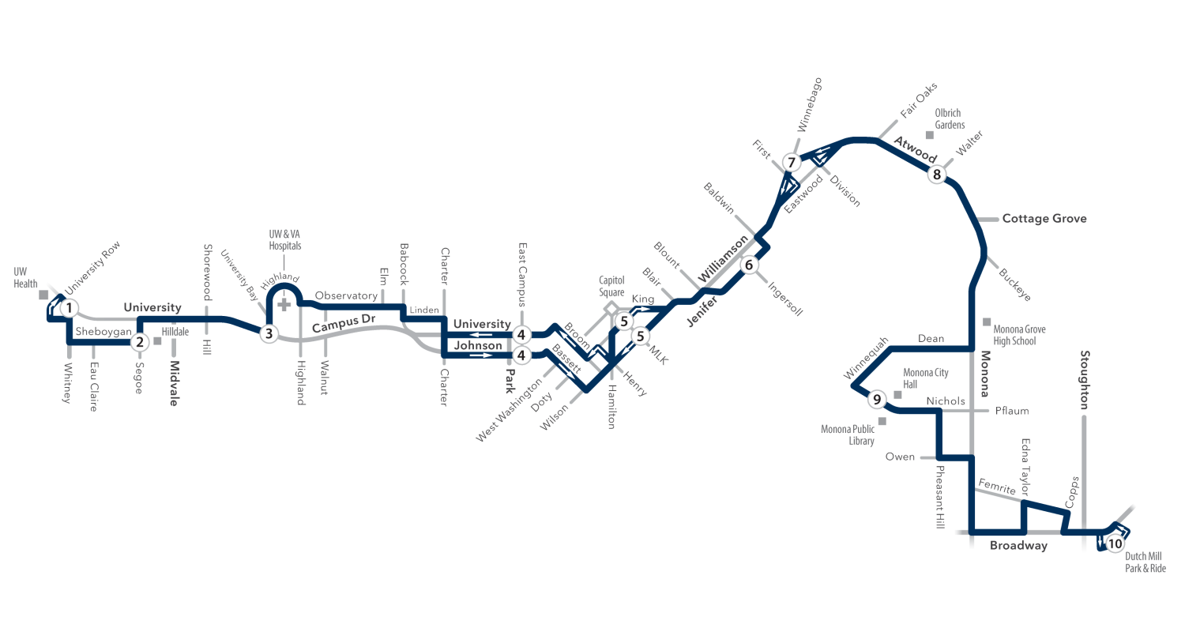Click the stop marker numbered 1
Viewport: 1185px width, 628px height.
click(69, 308)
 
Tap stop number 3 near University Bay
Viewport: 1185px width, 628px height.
click(269, 333)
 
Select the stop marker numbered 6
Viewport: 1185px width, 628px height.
click(749, 265)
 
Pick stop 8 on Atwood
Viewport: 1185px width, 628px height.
click(936, 174)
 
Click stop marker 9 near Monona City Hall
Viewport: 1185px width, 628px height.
click(877, 400)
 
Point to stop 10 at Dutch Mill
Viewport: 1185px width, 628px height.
click(1115, 544)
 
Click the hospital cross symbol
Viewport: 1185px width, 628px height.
click(284, 304)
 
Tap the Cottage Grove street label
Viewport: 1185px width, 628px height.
click(1044, 219)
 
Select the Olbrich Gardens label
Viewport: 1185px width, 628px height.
click(950, 119)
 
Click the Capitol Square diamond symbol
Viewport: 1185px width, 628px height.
click(611, 308)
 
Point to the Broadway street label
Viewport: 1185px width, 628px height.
click(1018, 546)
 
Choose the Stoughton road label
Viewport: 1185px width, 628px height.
click(1085, 380)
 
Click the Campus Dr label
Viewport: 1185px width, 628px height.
click(344, 323)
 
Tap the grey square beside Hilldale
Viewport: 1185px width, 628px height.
click(157, 341)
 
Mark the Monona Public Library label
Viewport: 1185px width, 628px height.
click(848, 435)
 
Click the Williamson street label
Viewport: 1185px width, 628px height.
click(723, 259)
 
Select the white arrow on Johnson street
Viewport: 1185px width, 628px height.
click(480, 355)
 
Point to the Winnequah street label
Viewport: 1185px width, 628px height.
click(866, 358)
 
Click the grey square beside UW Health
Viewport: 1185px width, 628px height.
click(43, 295)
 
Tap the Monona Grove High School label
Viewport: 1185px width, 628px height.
click(1019, 335)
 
